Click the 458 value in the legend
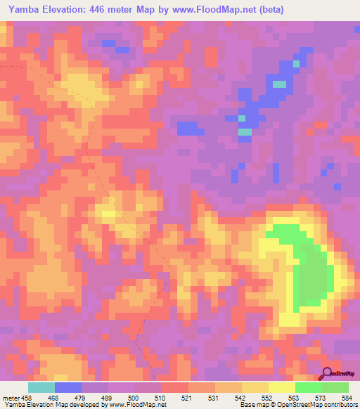[26, 397]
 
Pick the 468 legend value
[53, 397]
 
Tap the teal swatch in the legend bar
[41, 387]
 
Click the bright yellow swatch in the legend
[281, 387]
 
